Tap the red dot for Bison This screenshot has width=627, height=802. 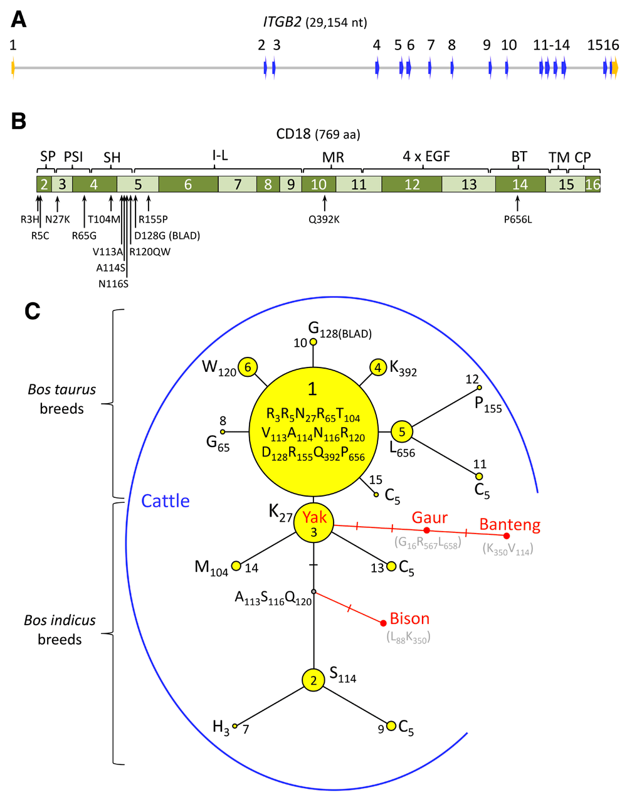[383, 623]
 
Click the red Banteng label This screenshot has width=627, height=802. [509, 525]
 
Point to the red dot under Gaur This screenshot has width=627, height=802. [427, 530]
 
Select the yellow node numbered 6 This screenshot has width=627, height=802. [248, 367]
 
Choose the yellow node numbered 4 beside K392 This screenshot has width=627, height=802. [378, 367]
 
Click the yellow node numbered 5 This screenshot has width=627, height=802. [402, 431]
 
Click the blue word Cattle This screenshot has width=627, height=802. [165, 500]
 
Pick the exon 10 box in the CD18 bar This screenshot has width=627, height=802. [319, 184]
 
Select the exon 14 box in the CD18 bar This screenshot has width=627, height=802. [520, 184]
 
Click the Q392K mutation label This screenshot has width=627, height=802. [324, 220]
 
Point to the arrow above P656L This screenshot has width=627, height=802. [517, 203]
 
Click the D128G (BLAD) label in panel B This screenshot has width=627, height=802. [167, 236]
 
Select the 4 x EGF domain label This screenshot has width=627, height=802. [426, 156]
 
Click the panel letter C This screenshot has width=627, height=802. [32, 311]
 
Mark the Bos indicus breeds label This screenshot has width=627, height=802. [60, 630]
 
